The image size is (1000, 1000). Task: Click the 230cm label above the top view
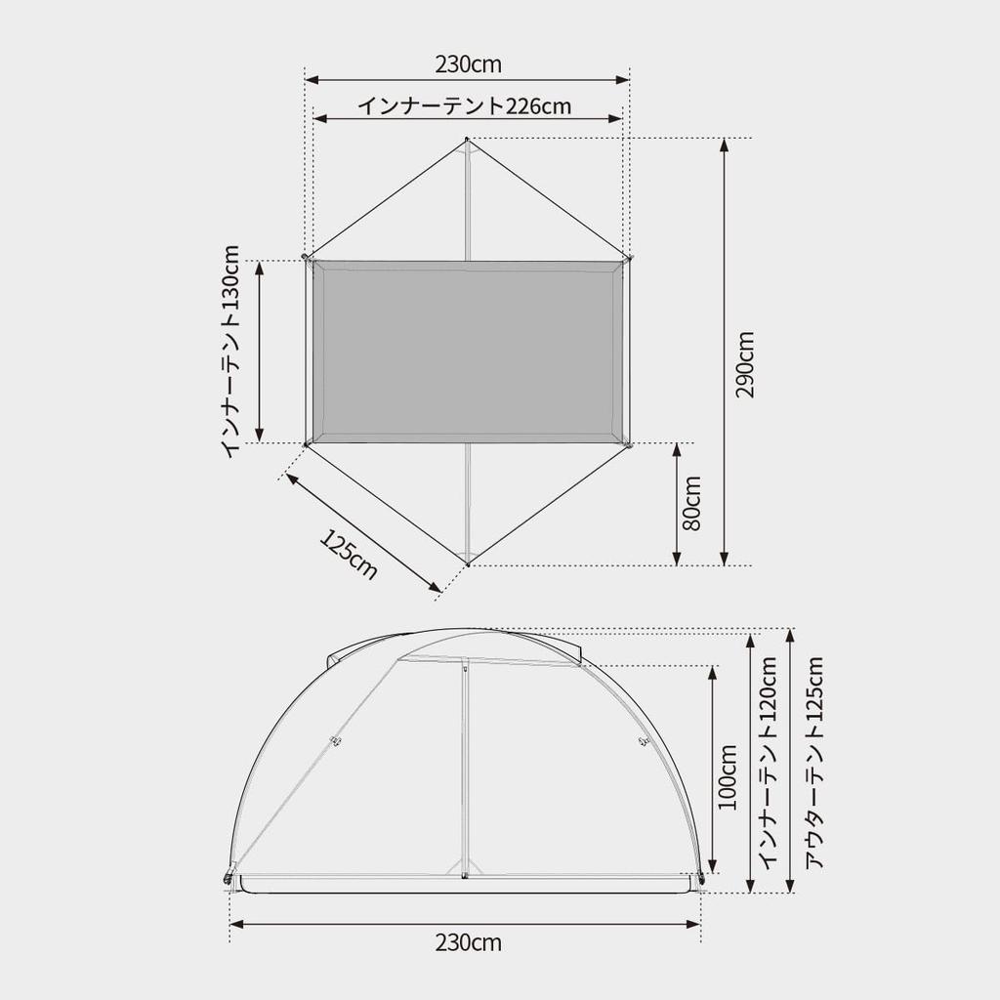[x=468, y=64]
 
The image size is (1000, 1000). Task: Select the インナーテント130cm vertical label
[x=231, y=352]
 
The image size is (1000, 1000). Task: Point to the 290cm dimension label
[x=746, y=364]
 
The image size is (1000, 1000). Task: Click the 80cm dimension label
[x=691, y=504]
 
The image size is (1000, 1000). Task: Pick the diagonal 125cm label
[x=348, y=555]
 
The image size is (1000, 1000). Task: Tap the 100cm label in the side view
[x=728, y=777]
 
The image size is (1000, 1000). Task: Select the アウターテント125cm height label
[x=813, y=762]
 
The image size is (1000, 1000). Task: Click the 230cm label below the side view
[x=468, y=942]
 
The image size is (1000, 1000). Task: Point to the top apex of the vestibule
[x=468, y=141]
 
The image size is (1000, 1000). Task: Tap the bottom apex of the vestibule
[x=469, y=563]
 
